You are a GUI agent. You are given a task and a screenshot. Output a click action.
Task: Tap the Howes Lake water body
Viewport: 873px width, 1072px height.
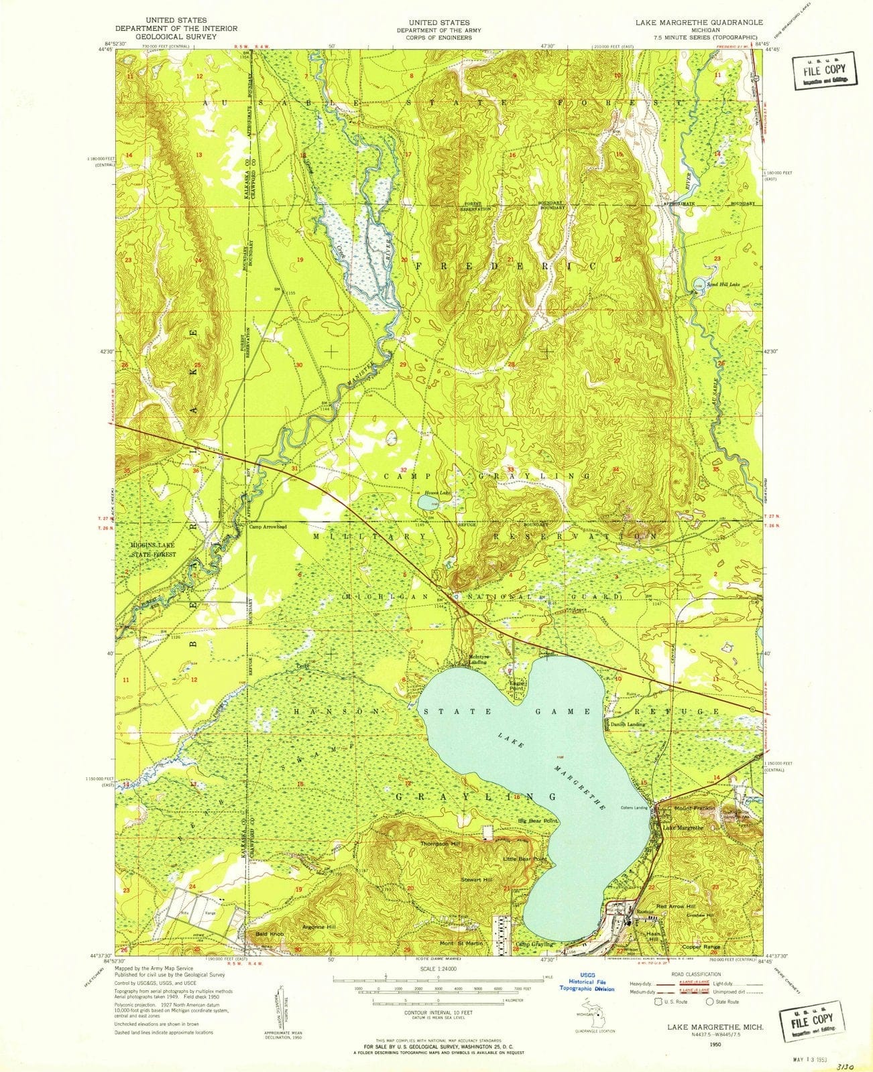click(x=427, y=502)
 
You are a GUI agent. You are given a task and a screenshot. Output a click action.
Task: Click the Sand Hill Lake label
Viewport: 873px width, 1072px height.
click(x=724, y=284)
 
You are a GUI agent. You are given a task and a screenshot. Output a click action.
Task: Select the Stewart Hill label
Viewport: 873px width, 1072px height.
click(x=476, y=879)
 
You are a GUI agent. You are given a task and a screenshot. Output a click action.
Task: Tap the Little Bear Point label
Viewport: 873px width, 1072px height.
click(x=526, y=858)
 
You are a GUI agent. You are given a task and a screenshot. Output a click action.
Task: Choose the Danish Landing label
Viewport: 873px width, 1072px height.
click(x=628, y=725)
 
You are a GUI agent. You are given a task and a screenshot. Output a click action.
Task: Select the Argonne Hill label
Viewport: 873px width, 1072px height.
click(x=319, y=927)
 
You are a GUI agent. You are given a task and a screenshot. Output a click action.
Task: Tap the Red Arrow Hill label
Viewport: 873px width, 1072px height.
click(x=675, y=906)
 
